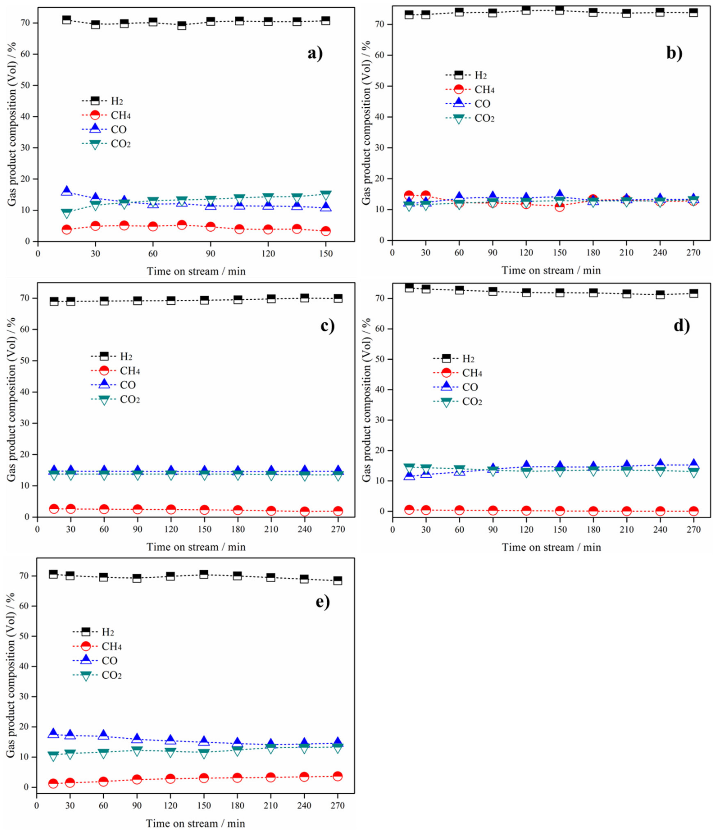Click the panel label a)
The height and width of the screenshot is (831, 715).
315,53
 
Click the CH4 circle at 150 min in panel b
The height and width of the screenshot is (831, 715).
559,207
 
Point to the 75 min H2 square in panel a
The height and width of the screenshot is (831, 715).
182,25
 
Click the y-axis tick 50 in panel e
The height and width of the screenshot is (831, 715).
27,636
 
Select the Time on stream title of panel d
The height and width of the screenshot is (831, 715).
551,548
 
